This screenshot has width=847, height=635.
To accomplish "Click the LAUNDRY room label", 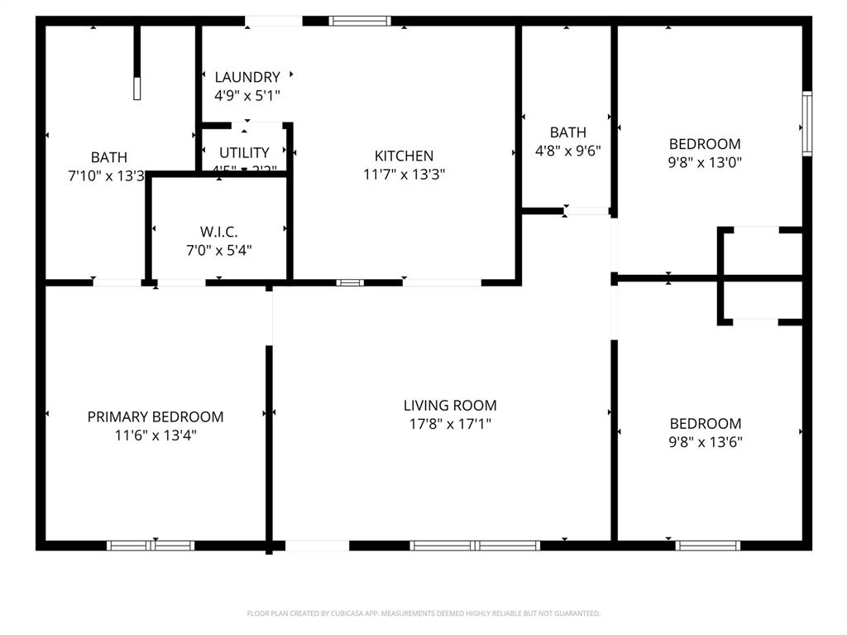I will [247, 77].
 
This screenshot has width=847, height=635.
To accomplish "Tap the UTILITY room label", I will [244, 152].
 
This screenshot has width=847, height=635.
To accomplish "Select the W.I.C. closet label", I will [219, 232].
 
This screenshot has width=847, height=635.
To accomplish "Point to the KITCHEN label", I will [404, 156].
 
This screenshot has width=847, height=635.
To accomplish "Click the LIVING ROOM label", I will [450, 406].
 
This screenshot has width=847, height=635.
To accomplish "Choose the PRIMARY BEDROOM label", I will [156, 416].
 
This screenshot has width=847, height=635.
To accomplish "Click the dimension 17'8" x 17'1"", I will [450, 424].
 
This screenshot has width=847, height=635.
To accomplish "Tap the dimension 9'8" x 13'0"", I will [705, 162].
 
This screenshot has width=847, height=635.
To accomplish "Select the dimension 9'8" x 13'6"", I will [706, 441].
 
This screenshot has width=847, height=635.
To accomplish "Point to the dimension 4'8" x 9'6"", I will [567, 151].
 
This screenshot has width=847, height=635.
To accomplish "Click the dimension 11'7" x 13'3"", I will [404, 174].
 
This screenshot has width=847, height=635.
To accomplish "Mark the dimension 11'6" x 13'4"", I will [156, 435].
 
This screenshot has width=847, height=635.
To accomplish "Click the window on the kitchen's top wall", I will [360, 21].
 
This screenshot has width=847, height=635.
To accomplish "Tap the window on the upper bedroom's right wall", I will [806, 123].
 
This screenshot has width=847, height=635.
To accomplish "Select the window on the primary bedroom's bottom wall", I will [151, 546].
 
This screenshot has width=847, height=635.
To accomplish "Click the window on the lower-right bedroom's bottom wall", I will [707, 546].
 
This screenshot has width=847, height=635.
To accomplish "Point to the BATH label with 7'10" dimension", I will [109, 156].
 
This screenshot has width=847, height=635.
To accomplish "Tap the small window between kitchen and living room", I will [350, 282].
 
